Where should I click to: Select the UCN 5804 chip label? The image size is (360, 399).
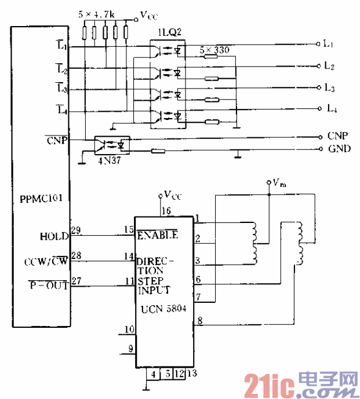pos(163,309)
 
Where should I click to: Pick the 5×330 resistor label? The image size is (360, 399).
pos(213,50)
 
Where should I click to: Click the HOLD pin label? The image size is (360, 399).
pos(55,236)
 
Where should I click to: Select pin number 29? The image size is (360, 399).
pos(75,230)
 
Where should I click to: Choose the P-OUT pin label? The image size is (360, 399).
pos(49,285)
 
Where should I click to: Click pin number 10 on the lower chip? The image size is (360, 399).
pos(130,329)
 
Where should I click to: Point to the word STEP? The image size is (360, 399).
pos(150,281)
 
